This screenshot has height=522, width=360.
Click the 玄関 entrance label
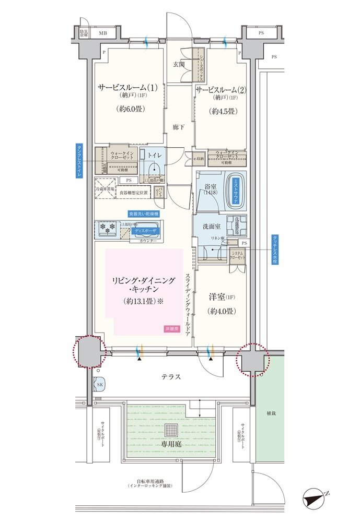pos(179,64)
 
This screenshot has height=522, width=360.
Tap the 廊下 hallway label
pos(179,127)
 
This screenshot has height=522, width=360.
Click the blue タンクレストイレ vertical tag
pos(79,162)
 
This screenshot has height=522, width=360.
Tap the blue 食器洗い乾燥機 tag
pos(144,214)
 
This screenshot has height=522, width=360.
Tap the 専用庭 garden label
pos(171,443)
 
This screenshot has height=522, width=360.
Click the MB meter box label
pos(103,33)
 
